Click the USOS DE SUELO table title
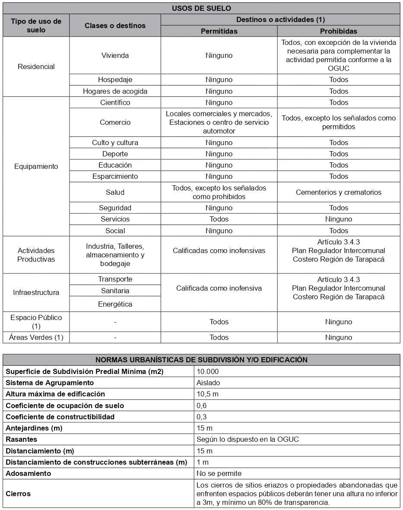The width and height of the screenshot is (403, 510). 201,8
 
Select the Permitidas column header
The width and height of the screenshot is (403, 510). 219,31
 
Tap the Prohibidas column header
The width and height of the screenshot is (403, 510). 339,31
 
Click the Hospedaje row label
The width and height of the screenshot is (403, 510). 115,80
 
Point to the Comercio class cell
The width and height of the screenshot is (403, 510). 115,122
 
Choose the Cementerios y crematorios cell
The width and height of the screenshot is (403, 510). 339,192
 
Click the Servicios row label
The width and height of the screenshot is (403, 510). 115,219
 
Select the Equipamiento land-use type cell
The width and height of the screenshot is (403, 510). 36,167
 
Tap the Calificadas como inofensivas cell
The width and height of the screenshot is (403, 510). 219,250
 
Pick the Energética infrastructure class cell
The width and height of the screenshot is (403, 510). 115,304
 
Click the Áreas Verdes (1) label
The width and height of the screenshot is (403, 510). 36,337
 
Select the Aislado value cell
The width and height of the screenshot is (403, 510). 208,383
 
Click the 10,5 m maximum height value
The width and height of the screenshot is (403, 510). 208,394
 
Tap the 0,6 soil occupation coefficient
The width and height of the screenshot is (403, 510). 201,405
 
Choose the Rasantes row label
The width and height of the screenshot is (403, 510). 22,439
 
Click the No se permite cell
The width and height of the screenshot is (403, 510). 219,473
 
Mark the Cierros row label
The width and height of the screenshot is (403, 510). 18,493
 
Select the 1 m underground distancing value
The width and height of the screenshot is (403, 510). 202,462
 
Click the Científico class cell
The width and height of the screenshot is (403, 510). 115,102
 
